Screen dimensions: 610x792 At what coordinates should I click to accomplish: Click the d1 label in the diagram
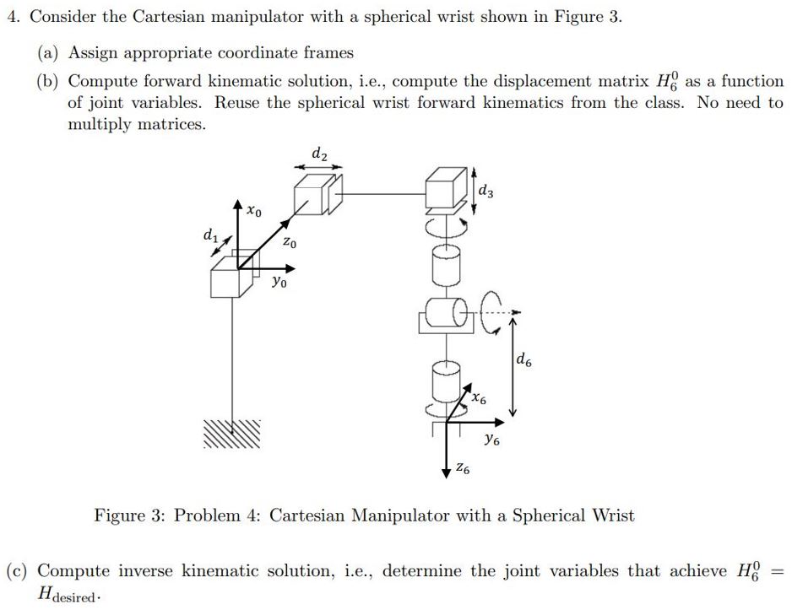[209, 236]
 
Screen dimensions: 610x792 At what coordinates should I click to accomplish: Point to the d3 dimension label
[486, 192]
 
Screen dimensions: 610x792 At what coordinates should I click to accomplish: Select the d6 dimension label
[523, 362]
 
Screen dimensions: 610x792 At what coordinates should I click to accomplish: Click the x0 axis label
[253, 210]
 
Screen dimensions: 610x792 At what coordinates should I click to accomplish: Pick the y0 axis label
[279, 283]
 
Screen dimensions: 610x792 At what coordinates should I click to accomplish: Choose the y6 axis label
[491, 439]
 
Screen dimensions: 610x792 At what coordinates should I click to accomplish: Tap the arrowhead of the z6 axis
[447, 473]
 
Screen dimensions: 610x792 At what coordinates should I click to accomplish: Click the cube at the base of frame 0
[230, 276]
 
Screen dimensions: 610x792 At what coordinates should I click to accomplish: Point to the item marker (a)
[49, 53]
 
